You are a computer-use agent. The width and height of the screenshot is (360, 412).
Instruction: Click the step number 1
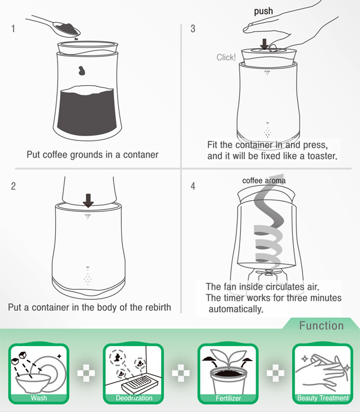coord(13,28)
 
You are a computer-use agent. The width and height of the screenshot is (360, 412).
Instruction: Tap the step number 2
coord(13,186)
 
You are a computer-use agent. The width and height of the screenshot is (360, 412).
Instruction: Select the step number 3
coord(193,29)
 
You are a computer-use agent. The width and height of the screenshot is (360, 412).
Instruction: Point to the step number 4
coord(193,186)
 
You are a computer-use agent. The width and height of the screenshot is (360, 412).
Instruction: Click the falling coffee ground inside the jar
coord(82,70)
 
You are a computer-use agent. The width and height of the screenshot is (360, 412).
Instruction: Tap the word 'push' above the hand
coord(263,11)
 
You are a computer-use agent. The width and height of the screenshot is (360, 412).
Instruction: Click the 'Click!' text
coord(226,58)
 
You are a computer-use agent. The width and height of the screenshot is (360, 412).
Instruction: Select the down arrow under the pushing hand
coord(264,44)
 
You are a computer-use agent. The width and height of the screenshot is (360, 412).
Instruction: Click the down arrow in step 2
coord(88,200)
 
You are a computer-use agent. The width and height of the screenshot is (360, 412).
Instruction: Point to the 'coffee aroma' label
coord(264,181)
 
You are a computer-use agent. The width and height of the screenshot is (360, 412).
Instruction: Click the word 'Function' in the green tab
coord(322,326)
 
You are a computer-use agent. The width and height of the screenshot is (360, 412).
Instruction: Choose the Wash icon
coord(39,374)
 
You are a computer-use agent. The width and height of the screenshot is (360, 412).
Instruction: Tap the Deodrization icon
coord(133,374)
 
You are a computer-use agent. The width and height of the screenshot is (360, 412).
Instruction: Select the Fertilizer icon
coord(228,374)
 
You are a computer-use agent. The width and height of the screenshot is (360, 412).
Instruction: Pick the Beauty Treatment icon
coord(323,374)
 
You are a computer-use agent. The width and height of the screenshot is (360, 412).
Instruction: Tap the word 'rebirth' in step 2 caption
coord(157,307)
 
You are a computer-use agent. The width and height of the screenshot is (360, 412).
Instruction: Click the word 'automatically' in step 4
coord(235,309)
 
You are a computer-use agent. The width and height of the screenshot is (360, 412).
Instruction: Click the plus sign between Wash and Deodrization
coord(86,373)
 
